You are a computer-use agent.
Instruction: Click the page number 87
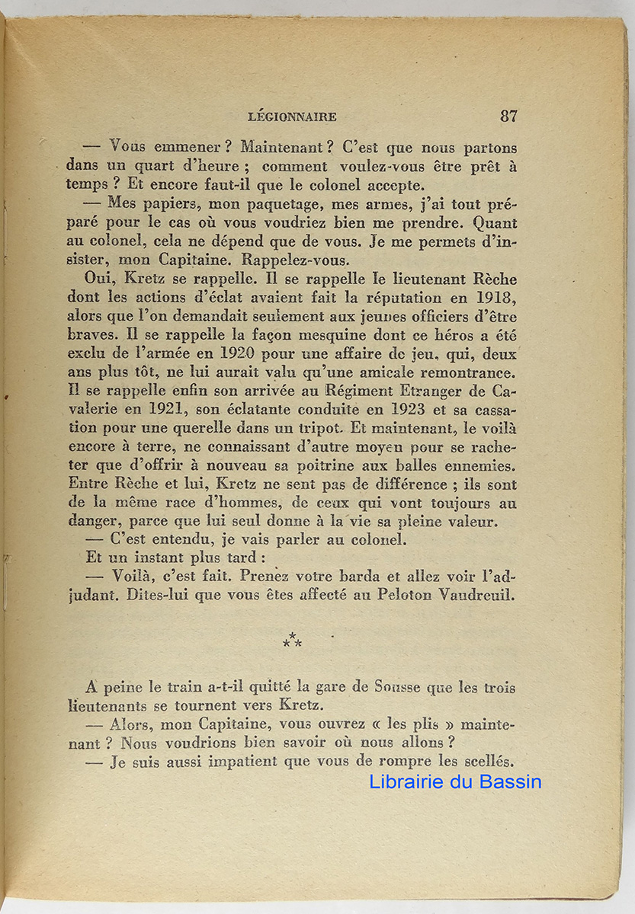(508, 116)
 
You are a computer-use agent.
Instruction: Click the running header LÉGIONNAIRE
(293, 117)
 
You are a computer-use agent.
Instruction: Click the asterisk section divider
(292, 641)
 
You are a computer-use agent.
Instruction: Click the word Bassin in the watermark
(511, 781)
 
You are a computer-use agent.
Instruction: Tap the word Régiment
(361, 392)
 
